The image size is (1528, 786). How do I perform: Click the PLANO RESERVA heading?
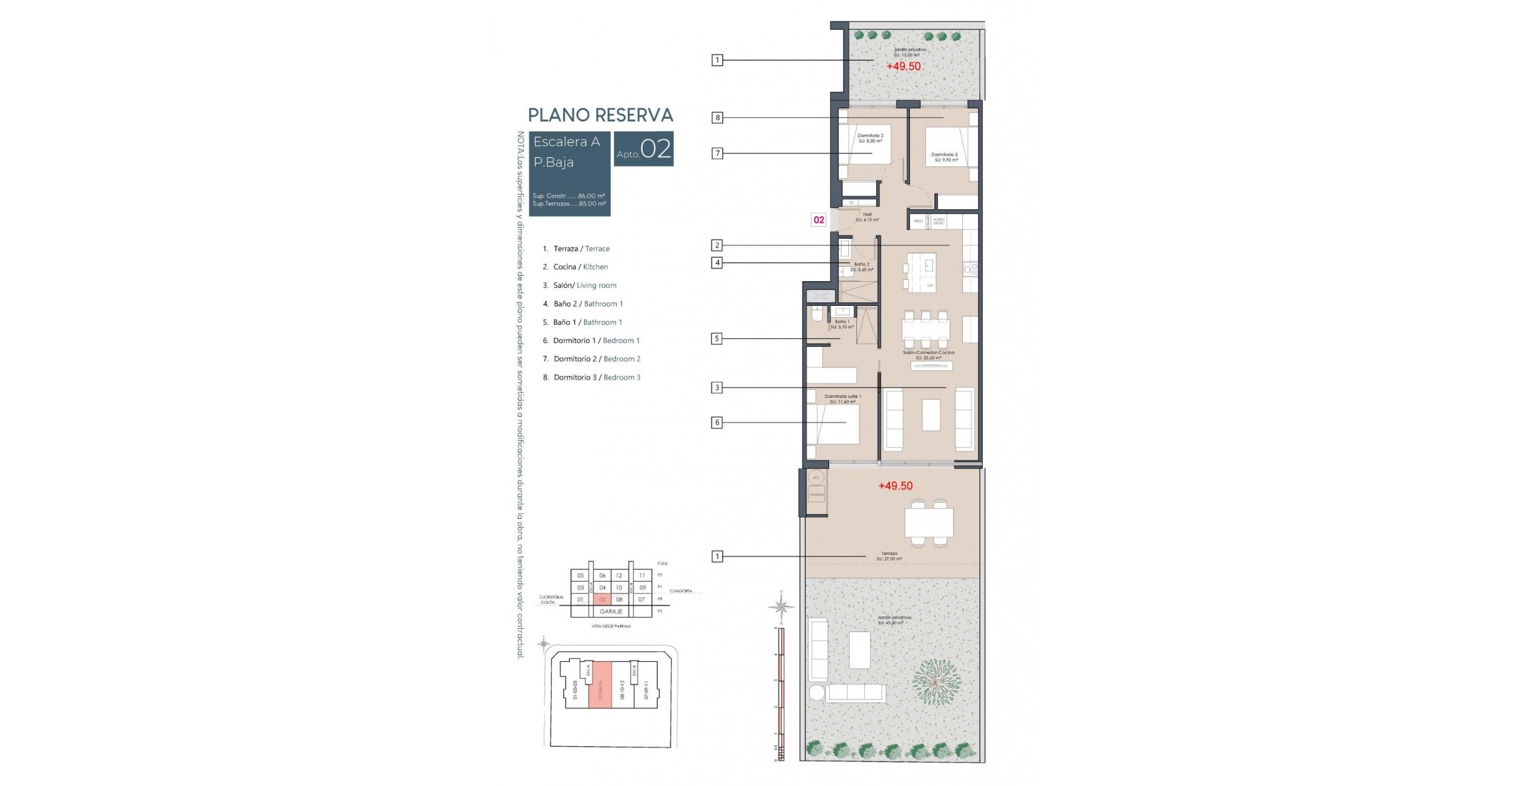point(600,115)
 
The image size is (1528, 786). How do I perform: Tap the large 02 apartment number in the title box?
point(655,149)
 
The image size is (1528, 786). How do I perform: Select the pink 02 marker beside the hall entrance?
point(819,220)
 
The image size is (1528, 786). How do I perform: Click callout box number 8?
point(717,118)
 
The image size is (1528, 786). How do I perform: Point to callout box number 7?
point(717,153)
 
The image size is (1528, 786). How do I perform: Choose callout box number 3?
point(717,387)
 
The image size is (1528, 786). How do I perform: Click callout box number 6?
point(717,423)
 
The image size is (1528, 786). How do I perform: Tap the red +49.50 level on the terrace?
point(895,486)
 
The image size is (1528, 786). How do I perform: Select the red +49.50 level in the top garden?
point(903,66)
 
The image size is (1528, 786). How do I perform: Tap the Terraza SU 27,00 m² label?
point(889,556)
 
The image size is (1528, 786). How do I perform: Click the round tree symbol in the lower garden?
point(936,682)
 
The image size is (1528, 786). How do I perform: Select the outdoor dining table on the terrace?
point(928,523)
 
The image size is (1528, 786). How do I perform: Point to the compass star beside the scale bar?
point(782,606)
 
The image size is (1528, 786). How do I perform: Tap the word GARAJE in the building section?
point(611,612)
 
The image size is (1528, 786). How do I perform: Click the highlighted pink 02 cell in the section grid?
point(602,600)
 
